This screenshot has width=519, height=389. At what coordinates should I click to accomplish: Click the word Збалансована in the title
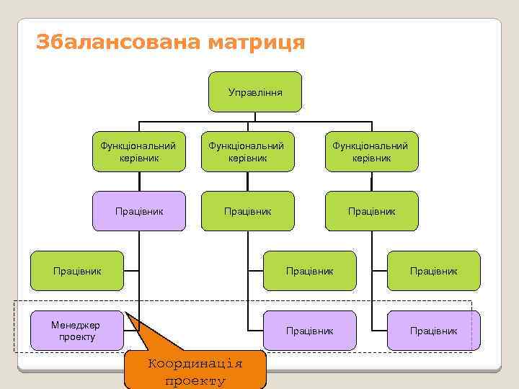click(117, 43)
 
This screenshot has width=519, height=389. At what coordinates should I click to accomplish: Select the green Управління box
click(255, 92)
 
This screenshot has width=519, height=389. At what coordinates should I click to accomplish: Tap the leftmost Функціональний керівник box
click(139, 151)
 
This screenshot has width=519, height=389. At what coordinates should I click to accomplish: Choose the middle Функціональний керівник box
click(247, 151)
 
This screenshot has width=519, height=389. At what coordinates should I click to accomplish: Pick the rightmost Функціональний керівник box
click(371, 151)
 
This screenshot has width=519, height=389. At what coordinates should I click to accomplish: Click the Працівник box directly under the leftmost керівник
click(139, 211)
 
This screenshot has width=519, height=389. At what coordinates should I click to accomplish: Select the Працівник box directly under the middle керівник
click(247, 211)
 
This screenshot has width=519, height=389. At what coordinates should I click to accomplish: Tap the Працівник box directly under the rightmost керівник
click(371, 211)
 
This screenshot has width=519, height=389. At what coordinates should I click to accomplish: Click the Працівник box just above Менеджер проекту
click(77, 271)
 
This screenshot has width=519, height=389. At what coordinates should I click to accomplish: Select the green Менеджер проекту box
click(77, 331)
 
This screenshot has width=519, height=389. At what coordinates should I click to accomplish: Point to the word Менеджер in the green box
click(76, 325)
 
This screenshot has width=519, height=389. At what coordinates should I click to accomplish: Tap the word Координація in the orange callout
click(195, 363)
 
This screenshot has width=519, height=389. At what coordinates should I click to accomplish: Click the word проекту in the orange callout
click(195, 380)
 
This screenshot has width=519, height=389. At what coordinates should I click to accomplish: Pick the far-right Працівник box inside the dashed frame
click(433, 331)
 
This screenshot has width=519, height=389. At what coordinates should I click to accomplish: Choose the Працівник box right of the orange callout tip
click(309, 331)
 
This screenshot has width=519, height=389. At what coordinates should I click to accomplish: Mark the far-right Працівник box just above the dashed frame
click(433, 271)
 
